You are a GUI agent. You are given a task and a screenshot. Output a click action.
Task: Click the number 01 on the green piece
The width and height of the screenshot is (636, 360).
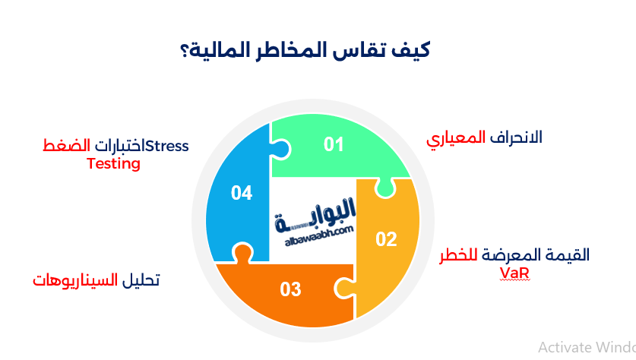334,144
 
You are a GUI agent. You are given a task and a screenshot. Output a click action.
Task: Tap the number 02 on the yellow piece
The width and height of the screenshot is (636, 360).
386,239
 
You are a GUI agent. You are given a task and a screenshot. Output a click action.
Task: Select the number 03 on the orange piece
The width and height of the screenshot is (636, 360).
290,289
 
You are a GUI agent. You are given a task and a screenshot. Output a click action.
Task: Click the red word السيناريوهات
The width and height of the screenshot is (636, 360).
74,280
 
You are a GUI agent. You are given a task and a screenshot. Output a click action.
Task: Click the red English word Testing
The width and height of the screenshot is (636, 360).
113,163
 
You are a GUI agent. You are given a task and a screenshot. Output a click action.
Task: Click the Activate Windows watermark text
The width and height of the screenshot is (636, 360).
586,347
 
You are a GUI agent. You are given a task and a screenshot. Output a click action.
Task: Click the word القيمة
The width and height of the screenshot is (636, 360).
568,255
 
